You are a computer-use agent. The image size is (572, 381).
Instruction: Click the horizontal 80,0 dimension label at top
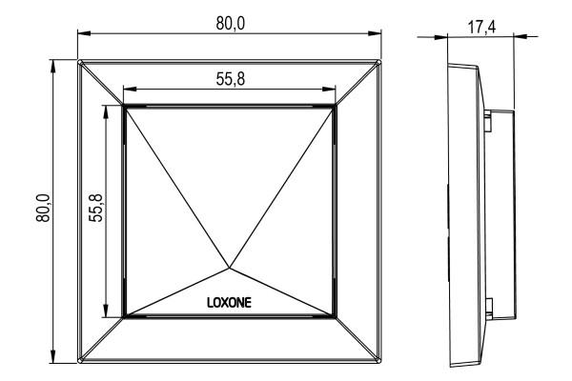(x=231, y=23)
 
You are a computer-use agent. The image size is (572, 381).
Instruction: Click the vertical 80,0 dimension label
(x=44, y=208)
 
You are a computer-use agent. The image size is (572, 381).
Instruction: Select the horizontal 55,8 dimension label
(x=231, y=79)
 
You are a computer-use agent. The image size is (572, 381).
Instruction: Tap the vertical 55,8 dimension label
(x=96, y=208)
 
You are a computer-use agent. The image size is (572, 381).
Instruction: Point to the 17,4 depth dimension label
(x=481, y=27)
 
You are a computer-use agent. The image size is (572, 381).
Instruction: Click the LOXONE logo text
(x=229, y=303)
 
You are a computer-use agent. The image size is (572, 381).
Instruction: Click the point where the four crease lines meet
(x=229, y=268)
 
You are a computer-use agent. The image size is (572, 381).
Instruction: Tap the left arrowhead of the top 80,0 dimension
(x=84, y=33)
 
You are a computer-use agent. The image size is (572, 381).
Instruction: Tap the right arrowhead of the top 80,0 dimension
(x=375, y=33)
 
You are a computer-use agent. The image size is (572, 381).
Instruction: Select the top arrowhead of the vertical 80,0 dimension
(x=53, y=67)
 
